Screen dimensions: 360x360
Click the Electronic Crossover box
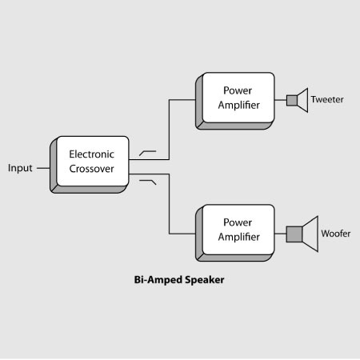(92, 161)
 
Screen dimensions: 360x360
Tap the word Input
(20, 168)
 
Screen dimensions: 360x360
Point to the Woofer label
(336, 234)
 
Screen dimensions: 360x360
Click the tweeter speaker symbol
(297, 100)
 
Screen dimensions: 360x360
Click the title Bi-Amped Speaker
(180, 281)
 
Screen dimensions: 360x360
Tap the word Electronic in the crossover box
(92, 153)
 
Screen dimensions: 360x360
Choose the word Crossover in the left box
(92, 169)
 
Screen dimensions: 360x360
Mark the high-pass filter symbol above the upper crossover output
(148, 150)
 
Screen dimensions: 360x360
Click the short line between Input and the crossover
(44, 168)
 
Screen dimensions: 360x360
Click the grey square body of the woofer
(294, 234)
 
